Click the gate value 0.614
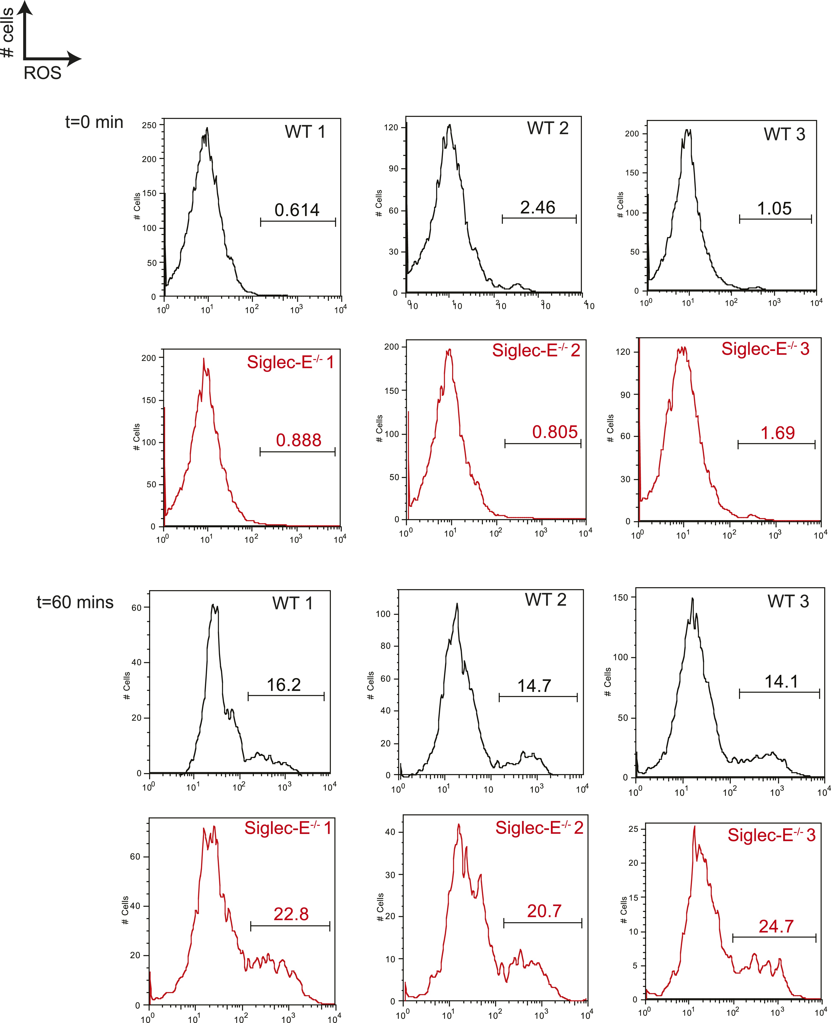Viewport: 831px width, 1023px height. click(x=297, y=210)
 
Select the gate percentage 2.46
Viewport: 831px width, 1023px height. click(x=538, y=207)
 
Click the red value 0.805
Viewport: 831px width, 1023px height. click(x=555, y=432)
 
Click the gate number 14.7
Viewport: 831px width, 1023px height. click(x=534, y=686)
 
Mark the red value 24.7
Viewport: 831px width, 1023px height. click(x=776, y=926)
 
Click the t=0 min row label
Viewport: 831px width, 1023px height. click(x=94, y=122)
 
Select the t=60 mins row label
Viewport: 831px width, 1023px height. click(x=75, y=602)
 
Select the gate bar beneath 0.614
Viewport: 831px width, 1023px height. click(x=298, y=222)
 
